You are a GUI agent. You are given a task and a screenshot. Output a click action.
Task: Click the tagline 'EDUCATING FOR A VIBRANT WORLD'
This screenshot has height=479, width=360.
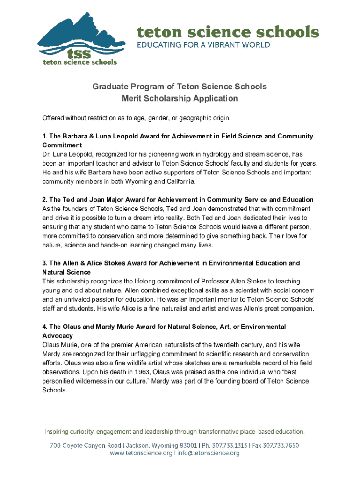pyautogui.click(x=203, y=45)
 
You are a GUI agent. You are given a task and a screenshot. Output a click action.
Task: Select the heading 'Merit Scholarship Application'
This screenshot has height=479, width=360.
pyautogui.click(x=180, y=99)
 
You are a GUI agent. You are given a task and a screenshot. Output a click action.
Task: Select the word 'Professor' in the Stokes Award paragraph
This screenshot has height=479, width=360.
pyautogui.click(x=216, y=281)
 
